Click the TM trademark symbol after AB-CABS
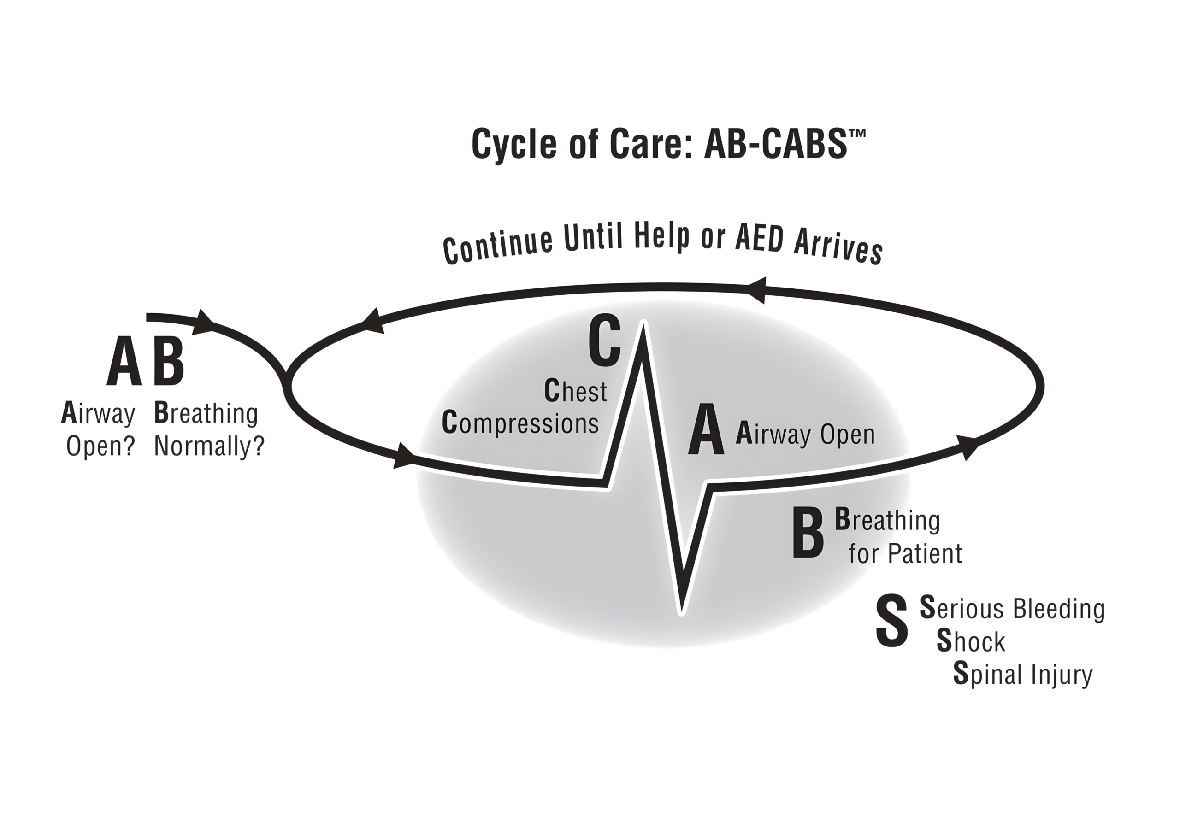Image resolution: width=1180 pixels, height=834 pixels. (857, 133)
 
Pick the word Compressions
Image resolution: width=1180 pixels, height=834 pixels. (520, 423)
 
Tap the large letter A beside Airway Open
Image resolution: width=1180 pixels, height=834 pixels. (706, 429)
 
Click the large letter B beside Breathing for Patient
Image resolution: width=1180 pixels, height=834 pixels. (808, 532)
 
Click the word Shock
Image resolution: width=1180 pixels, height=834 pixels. (970, 641)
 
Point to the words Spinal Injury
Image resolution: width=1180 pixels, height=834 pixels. (1023, 674)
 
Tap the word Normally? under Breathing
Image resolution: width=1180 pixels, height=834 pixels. (209, 446)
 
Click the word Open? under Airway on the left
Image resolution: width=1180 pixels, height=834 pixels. (100, 446)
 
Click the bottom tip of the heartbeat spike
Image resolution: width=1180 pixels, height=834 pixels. (681, 611)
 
